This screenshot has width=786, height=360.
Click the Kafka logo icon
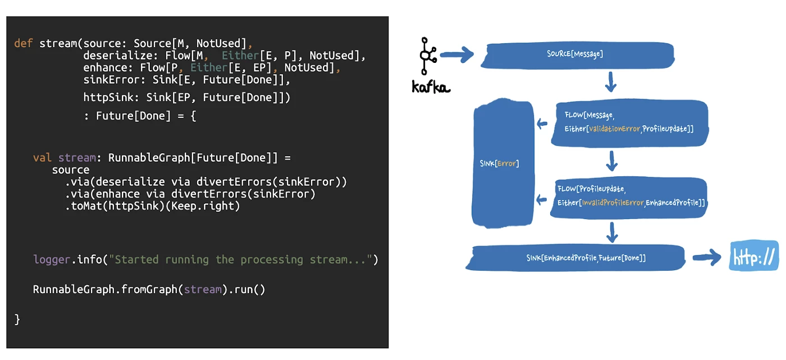(x=428, y=56)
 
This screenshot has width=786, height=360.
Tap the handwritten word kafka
(x=431, y=87)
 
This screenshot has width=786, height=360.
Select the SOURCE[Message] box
(x=575, y=54)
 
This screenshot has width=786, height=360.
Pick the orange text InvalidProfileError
(x=612, y=203)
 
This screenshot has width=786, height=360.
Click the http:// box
(x=754, y=256)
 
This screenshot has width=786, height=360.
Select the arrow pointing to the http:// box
(x=707, y=258)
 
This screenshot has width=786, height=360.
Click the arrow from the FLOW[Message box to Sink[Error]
(x=542, y=124)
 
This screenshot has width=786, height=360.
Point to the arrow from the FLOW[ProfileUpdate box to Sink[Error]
(x=542, y=199)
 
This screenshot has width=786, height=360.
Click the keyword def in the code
(x=23, y=43)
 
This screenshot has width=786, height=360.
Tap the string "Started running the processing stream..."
(x=241, y=259)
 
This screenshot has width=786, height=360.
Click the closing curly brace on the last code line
(x=17, y=319)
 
